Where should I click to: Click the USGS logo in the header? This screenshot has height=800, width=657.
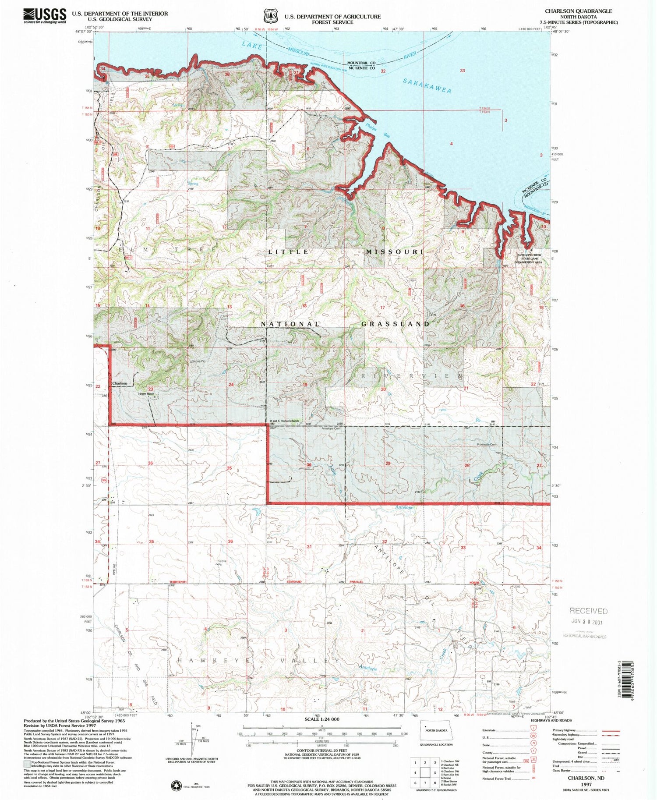(45, 15)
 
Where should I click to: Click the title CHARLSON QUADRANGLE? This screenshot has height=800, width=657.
(578, 11)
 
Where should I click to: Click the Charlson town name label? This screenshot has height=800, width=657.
(120, 383)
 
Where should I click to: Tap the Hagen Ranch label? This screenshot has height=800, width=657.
(147, 393)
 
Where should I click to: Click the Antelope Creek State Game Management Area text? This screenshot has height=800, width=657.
(529, 258)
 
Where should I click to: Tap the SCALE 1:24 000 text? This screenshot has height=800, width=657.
(321, 719)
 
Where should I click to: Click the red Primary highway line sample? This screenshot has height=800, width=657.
(611, 730)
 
